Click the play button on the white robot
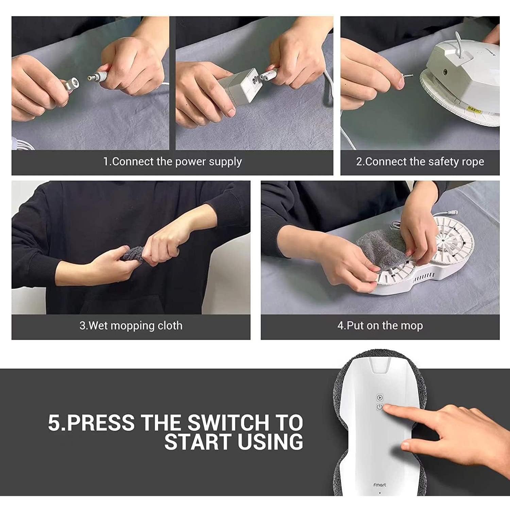coord(380,397)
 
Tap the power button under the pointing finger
coord(380,407)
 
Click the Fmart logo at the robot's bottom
coord(379,485)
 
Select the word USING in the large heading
coord(270,442)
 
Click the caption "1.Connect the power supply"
coord(172,161)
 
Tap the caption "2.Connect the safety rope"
coord(420,161)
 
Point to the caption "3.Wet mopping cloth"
coord(131,325)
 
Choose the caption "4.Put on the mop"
coord(380,325)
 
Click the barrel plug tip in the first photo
coord(90,77)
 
